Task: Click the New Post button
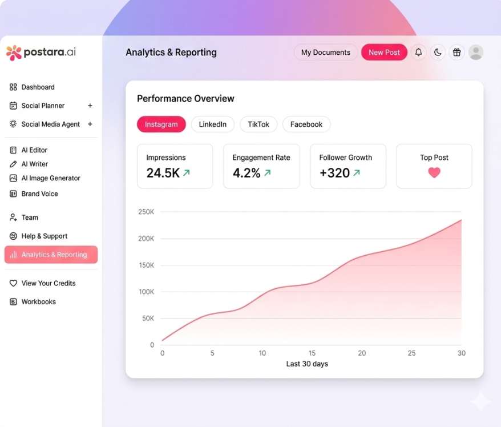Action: pyautogui.click(x=384, y=53)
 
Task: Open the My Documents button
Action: pyautogui.click(x=326, y=53)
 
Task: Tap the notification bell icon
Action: pyautogui.click(x=418, y=53)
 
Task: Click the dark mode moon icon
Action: pyautogui.click(x=438, y=53)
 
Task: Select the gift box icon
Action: pyautogui.click(x=456, y=53)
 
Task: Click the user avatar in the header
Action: pyautogui.click(x=476, y=53)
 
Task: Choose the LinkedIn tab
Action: pyautogui.click(x=213, y=124)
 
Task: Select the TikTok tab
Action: pyautogui.click(x=258, y=124)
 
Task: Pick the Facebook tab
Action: pyautogui.click(x=306, y=124)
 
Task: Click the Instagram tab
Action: pyautogui.click(x=161, y=124)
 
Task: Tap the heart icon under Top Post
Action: pyautogui.click(x=434, y=172)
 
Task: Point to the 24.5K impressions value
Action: pyautogui.click(x=163, y=173)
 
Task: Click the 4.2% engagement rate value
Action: pyautogui.click(x=247, y=173)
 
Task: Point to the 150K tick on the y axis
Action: pyautogui.click(x=146, y=265)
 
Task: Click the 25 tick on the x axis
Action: pyautogui.click(x=412, y=353)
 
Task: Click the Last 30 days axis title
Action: pyautogui.click(x=307, y=364)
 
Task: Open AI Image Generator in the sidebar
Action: pyautogui.click(x=51, y=178)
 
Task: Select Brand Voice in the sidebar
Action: pyautogui.click(x=39, y=194)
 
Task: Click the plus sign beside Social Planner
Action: pyautogui.click(x=90, y=106)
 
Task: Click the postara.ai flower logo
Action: pyautogui.click(x=14, y=53)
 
